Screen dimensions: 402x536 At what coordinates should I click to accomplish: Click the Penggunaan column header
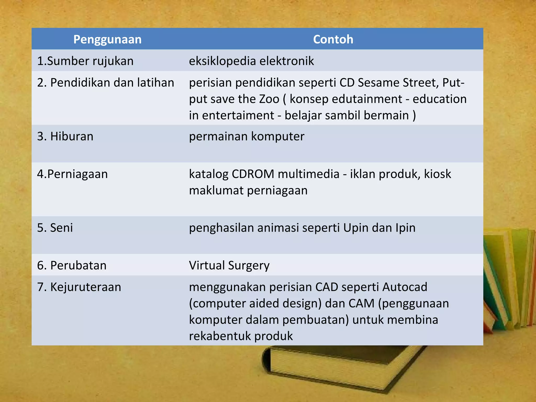(107, 40)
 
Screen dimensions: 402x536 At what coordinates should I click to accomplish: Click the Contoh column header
(333, 40)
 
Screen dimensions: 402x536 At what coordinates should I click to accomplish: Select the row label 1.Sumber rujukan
(85, 61)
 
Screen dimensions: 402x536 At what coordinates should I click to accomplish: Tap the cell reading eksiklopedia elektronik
(251, 61)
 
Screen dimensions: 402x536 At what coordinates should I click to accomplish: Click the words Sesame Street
(398, 83)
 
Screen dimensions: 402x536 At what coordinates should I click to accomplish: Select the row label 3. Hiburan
(65, 137)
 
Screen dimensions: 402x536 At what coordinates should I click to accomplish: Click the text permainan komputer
(247, 137)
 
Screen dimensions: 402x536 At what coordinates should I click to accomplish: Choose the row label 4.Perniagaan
(72, 174)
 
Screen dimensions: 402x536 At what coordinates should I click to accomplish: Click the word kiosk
(438, 174)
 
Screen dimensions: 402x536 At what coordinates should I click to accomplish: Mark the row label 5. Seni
(55, 228)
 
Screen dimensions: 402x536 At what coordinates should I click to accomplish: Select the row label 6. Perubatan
(72, 266)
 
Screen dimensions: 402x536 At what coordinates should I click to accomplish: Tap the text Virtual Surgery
(229, 266)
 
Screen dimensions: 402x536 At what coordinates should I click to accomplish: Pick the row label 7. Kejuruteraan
(79, 287)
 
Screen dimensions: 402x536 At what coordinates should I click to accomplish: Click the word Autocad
(405, 287)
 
